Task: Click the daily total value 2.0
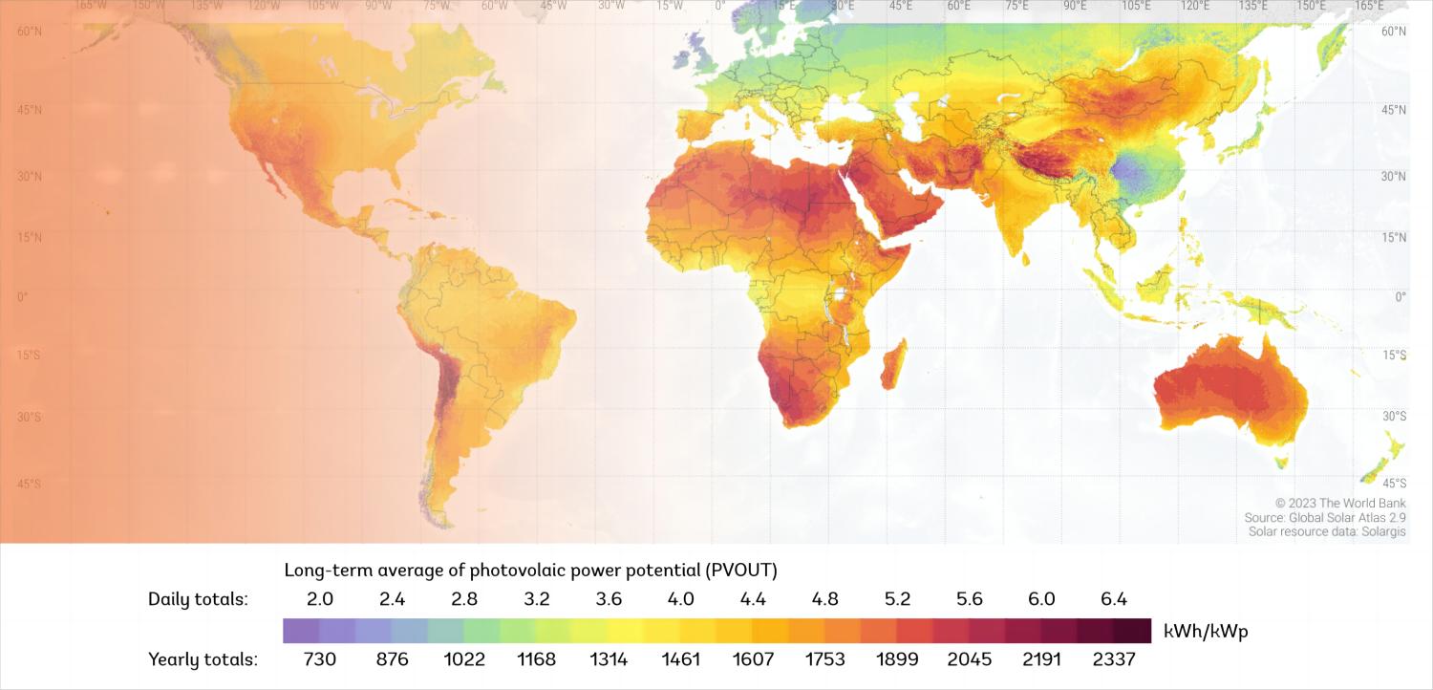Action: (x=320, y=600)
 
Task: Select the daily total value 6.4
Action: (x=1114, y=600)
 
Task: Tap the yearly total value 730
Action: (x=320, y=659)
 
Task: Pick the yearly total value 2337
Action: (x=1114, y=659)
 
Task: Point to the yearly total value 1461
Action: (x=681, y=659)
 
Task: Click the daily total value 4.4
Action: (x=753, y=600)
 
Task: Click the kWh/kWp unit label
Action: (x=1206, y=631)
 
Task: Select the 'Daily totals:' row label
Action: (x=198, y=600)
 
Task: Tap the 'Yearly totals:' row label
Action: (x=203, y=659)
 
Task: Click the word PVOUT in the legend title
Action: (x=740, y=571)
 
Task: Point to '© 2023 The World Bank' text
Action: (x=1340, y=503)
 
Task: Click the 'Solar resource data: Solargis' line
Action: (x=1327, y=531)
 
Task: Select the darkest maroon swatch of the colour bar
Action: (x=1132, y=631)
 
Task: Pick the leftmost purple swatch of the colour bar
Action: (x=301, y=631)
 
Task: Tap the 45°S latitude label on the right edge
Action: (x=1396, y=483)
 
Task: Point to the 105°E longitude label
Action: (x=1137, y=6)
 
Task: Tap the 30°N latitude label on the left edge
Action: (x=29, y=176)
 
